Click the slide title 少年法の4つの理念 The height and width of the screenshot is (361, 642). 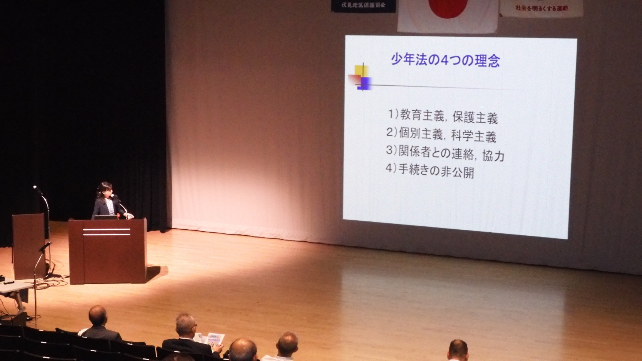click(x=445, y=60)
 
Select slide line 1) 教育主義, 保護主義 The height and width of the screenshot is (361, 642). click(x=442, y=116)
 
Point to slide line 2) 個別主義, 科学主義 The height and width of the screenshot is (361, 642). click(x=441, y=135)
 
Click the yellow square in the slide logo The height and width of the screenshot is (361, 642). click(x=361, y=71)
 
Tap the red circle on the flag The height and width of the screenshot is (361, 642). click(x=448, y=7)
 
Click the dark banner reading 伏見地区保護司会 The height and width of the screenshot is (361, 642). click(x=363, y=6)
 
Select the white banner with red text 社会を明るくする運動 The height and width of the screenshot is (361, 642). click(x=541, y=8)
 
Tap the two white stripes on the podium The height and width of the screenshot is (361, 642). click(x=107, y=232)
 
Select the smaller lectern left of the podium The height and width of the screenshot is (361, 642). click(x=29, y=245)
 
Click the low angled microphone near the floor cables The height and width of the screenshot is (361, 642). click(x=45, y=247)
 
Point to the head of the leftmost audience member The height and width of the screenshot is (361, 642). click(x=97, y=315)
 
